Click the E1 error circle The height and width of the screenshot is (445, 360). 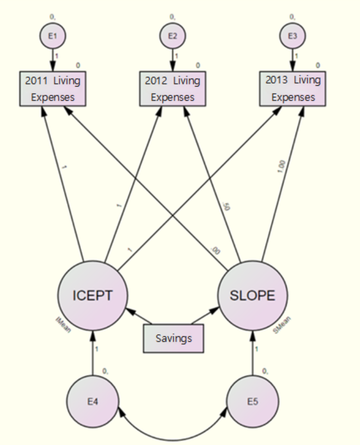tap(52, 37)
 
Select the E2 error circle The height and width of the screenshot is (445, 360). tap(173, 37)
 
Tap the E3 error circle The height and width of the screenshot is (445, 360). tap(292, 37)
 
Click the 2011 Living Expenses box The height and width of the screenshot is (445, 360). tap(52, 89)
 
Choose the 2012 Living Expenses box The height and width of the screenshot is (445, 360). tap(173, 89)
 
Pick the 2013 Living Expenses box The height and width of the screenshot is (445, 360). tap(292, 89)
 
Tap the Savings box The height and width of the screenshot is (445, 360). tap(173, 339)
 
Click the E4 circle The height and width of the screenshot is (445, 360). tap(93, 401)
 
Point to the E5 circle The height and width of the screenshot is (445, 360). tap(252, 401)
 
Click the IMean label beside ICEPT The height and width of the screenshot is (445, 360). tap(62, 321)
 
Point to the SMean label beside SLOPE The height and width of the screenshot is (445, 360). tap(282, 324)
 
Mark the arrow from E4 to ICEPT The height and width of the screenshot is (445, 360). tap(93, 355)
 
